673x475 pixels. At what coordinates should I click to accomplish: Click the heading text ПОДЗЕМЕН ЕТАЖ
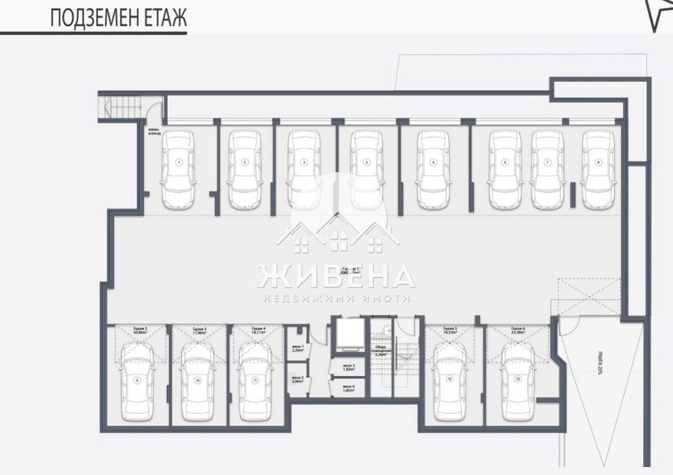click(118, 18)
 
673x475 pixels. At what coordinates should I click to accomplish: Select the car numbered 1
click(179, 169)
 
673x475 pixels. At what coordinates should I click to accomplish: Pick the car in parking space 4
click(365, 169)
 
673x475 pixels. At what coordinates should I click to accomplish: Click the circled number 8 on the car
click(598, 162)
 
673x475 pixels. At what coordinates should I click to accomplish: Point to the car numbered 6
click(505, 169)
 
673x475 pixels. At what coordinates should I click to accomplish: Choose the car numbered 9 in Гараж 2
click(137, 374)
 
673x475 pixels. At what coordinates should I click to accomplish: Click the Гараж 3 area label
click(199, 332)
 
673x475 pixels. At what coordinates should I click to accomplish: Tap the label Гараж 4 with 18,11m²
click(258, 332)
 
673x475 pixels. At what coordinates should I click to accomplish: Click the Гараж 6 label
click(517, 332)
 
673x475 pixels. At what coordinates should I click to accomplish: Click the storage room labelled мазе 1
click(297, 350)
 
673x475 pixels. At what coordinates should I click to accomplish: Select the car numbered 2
click(245, 169)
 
